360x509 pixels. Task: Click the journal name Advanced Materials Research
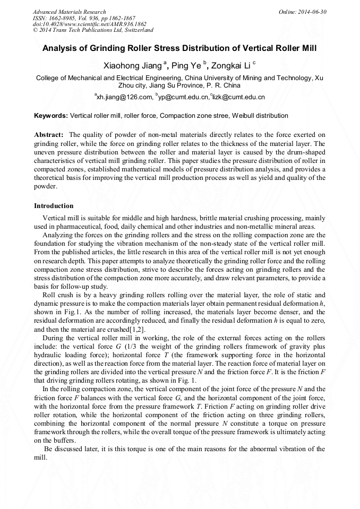(x=70, y=12)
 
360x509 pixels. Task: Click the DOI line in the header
(x=83, y=24)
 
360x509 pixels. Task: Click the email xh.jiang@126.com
(x=124, y=97)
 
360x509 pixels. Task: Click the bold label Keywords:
(x=51, y=115)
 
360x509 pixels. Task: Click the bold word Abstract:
(x=49, y=135)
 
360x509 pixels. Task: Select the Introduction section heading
(x=54, y=205)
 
